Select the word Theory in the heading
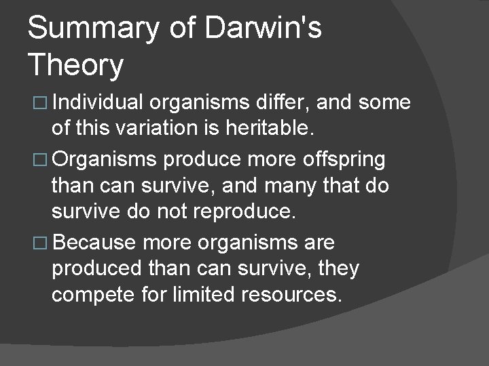click(76, 66)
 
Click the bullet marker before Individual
click(37, 103)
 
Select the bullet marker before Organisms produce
click(37, 161)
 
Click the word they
click(338, 269)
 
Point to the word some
click(385, 102)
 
